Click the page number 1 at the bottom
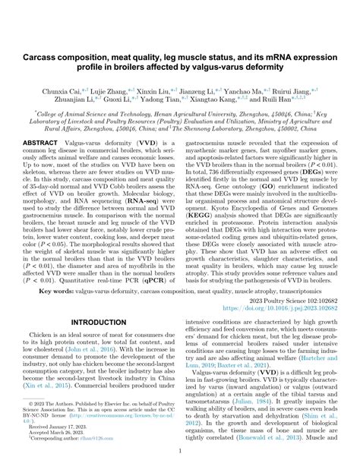click(180, 450)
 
